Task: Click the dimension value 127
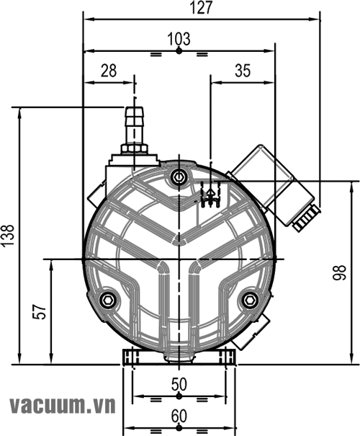[202, 7]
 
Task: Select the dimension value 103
[179, 39]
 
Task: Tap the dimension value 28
[109, 71]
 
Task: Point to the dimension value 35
[243, 71]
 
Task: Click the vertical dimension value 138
[7, 235]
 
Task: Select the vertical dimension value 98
[339, 272]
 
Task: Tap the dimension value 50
[179, 385]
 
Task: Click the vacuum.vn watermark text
[63, 406]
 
